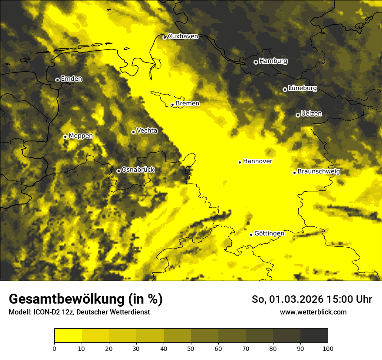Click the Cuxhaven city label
click(183, 36)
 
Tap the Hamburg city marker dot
click(256, 62)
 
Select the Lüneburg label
click(302, 88)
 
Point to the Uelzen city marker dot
click(298, 115)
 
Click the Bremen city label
click(188, 104)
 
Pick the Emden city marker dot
click(57, 80)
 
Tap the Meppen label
click(81, 136)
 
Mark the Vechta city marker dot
click(133, 132)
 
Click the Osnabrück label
click(138, 170)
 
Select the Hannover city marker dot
click(240, 162)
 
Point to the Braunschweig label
click(319, 172)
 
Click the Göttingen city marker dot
click(251, 235)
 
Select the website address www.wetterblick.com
click(313, 312)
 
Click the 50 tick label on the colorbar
click(191, 348)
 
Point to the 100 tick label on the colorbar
click(328, 348)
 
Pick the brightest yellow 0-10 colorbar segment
click(68, 335)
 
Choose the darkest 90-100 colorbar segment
click(314, 335)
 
